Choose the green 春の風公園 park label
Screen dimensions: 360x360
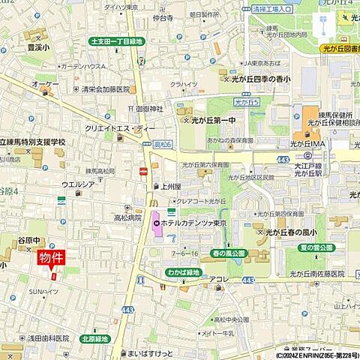[x=228, y=253]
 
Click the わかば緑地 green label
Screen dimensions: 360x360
[x=183, y=272]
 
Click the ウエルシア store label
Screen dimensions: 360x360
[x=78, y=184]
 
